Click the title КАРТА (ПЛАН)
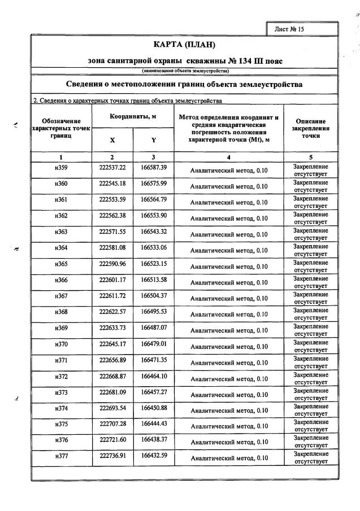tap(185, 45)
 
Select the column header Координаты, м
tap(133, 116)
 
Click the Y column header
tap(154, 139)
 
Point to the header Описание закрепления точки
tap(310, 128)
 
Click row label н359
tap(61, 168)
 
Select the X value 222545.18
tap(112, 184)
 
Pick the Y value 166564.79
tap(154, 200)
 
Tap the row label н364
tap(61, 248)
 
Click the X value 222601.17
tap(112, 279)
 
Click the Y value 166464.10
tap(154, 375)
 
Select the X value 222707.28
tap(112, 423)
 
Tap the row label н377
tap(61, 455)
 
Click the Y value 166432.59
tap(154, 455)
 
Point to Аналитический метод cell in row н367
tap(229, 298)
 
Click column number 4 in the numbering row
tap(229, 156)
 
